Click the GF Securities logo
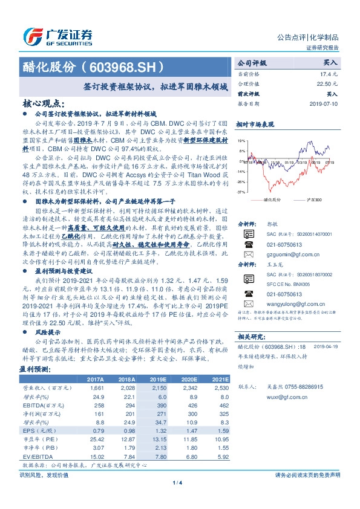click(x=57, y=37)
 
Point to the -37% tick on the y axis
click(x=241, y=192)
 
